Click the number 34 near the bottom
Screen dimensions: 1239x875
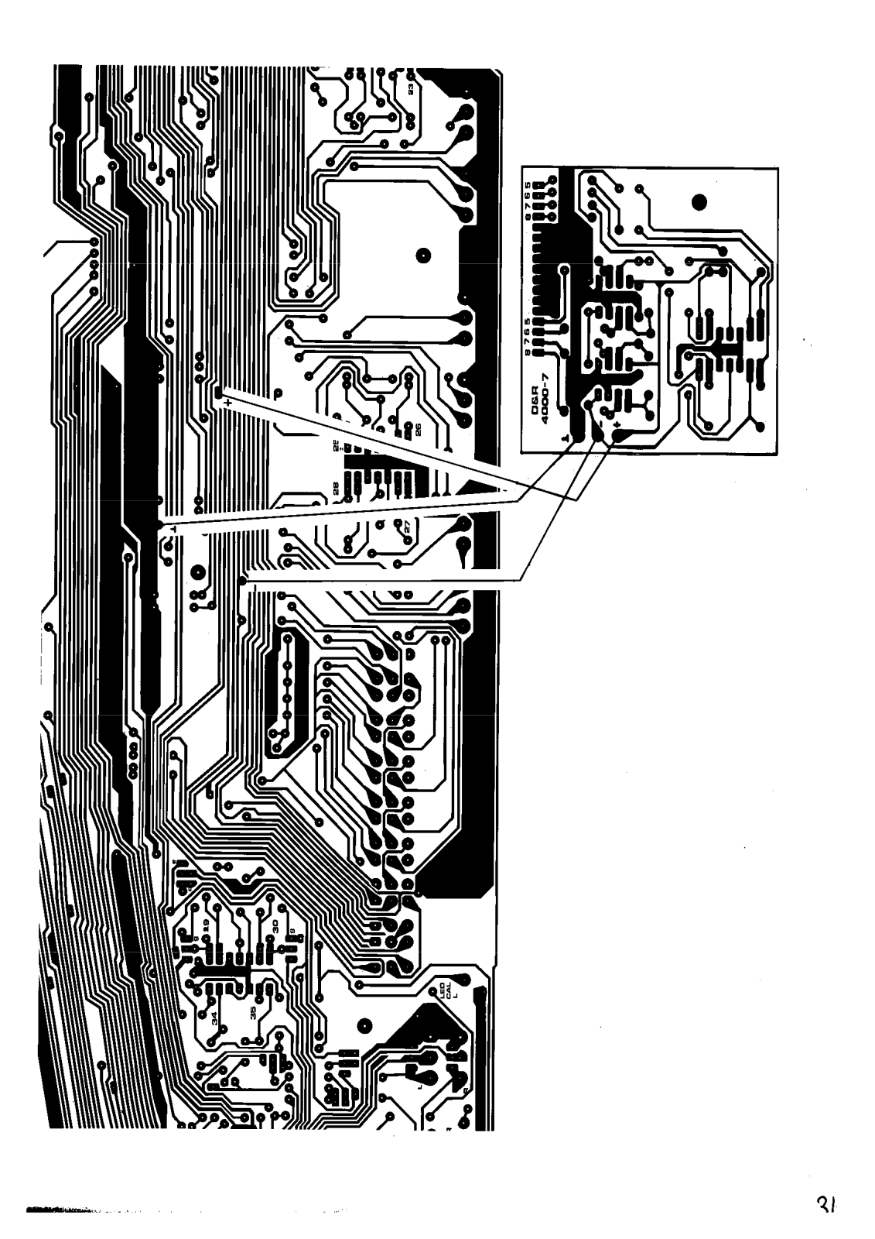coord(214,1016)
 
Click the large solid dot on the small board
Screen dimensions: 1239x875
coord(699,203)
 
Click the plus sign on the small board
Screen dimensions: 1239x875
coord(617,426)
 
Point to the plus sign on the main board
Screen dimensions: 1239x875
coord(226,403)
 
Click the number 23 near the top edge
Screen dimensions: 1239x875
coord(411,89)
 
